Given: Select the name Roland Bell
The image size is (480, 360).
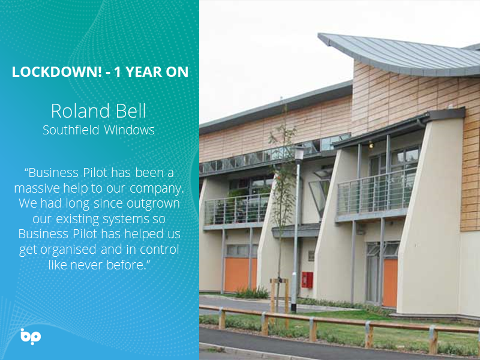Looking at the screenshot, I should point(99,111).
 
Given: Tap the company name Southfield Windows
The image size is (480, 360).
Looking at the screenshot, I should point(99,130).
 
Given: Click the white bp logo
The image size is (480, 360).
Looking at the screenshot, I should point(29,336).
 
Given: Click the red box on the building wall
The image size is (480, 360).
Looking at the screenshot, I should point(307,280).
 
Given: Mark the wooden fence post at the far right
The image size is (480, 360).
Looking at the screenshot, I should point(433,340).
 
